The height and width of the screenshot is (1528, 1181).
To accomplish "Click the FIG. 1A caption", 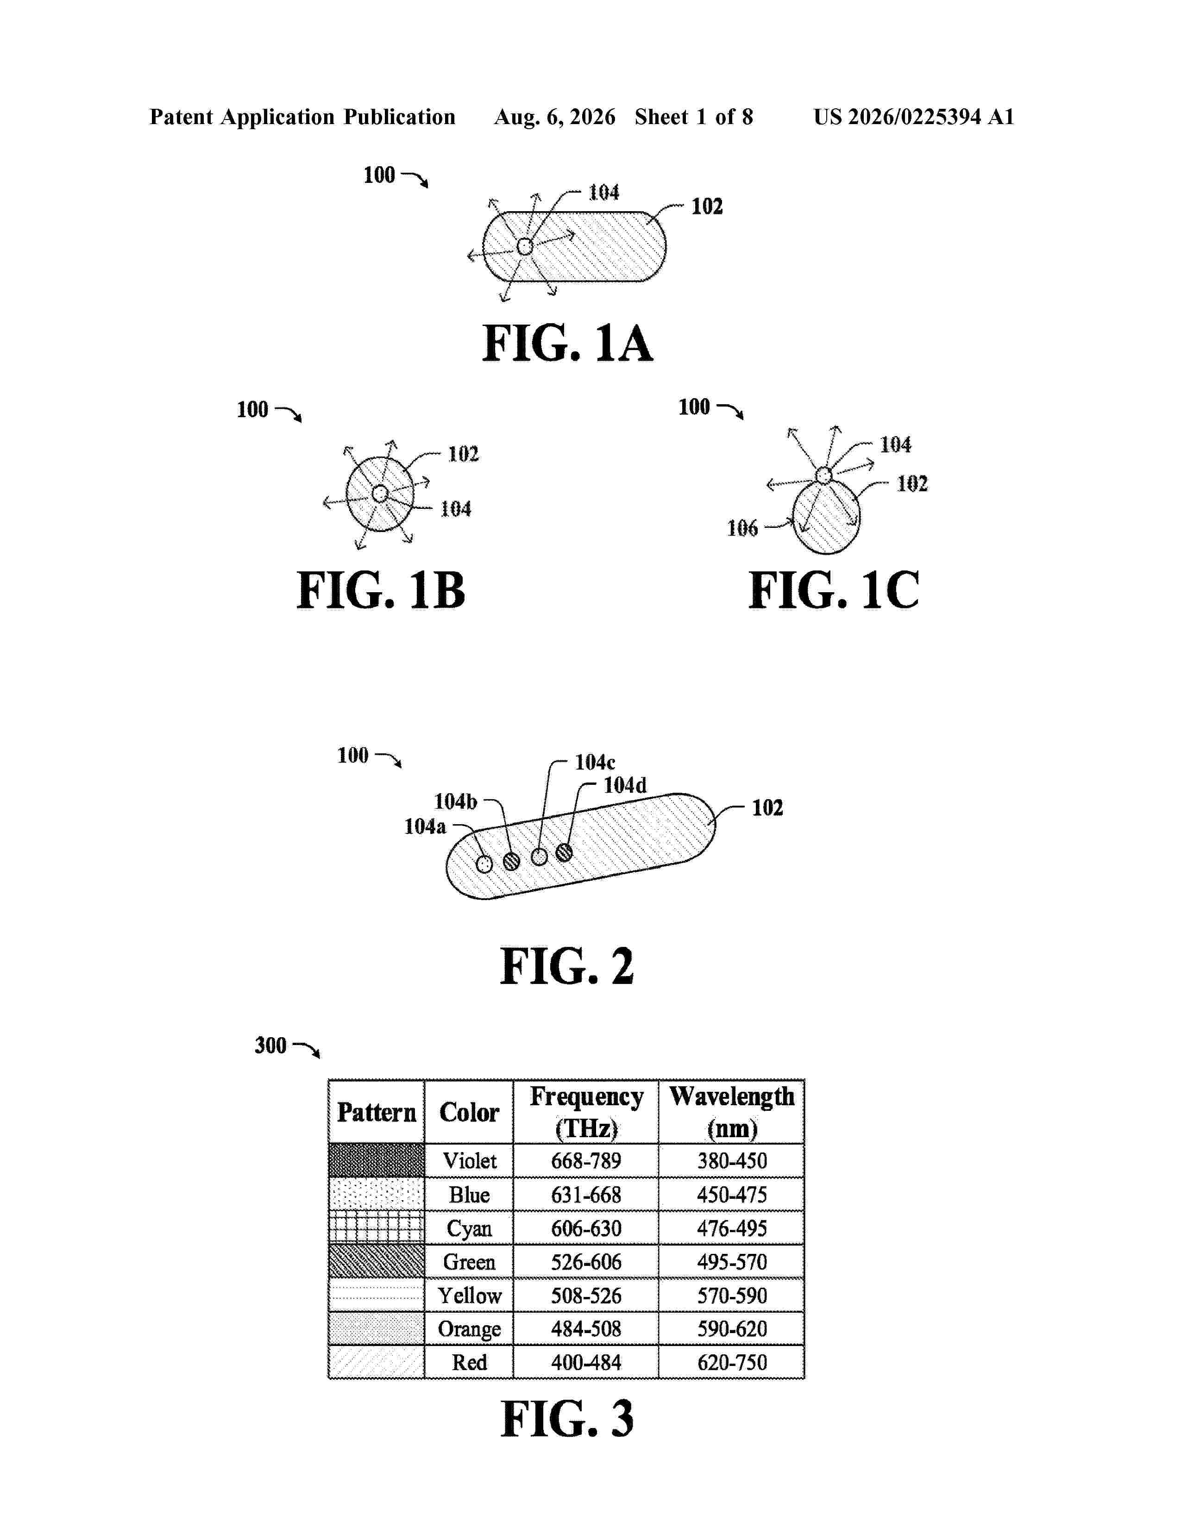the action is click(x=567, y=344).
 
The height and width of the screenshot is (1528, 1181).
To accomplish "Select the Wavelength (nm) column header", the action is click(x=732, y=1112).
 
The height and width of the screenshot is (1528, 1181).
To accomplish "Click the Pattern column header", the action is click(x=377, y=1112).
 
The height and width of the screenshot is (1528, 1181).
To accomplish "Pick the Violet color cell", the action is click(x=470, y=1161).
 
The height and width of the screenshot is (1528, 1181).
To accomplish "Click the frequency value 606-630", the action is click(x=586, y=1228).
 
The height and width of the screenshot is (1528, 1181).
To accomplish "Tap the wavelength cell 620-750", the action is click(x=732, y=1362).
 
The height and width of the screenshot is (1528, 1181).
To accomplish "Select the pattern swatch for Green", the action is click(x=377, y=1261).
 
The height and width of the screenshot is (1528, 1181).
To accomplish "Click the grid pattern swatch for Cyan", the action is click(x=377, y=1228).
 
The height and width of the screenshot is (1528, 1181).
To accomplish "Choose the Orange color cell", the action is click(x=470, y=1328).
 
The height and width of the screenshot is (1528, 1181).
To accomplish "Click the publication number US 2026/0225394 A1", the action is click(x=914, y=117).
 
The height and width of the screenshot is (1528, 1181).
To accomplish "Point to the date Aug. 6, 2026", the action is click(x=555, y=117).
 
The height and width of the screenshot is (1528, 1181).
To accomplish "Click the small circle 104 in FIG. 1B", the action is click(x=380, y=494).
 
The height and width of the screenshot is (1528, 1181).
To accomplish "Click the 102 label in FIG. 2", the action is click(x=767, y=808).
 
